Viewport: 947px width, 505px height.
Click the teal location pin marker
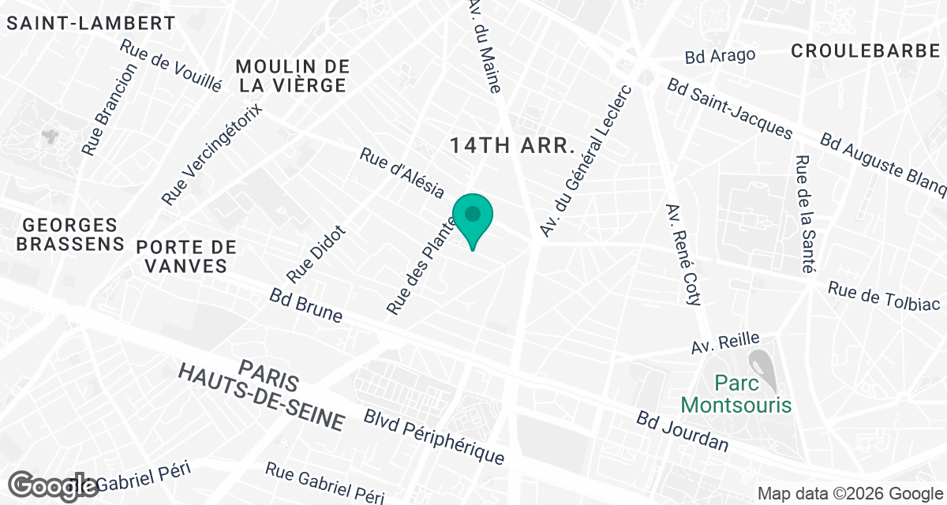point(473,218)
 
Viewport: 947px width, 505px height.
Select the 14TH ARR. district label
point(511,145)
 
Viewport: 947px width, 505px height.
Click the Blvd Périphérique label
point(433,436)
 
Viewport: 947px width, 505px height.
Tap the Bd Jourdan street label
point(683,432)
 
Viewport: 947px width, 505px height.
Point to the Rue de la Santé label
point(804,213)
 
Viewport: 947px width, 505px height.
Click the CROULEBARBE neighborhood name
point(866,50)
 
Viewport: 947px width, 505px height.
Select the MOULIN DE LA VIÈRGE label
point(292,76)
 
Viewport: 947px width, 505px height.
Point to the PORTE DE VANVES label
point(186,256)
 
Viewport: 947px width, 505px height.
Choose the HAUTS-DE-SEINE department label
point(261,396)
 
